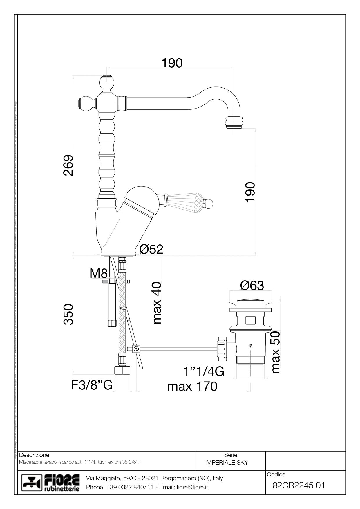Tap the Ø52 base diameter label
151,249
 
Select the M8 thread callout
99,273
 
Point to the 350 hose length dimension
69,314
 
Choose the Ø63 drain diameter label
252,286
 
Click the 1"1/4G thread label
204,371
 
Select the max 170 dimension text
192,386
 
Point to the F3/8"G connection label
92,385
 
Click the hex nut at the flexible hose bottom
122,370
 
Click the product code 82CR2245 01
299,485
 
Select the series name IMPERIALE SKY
227,463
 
